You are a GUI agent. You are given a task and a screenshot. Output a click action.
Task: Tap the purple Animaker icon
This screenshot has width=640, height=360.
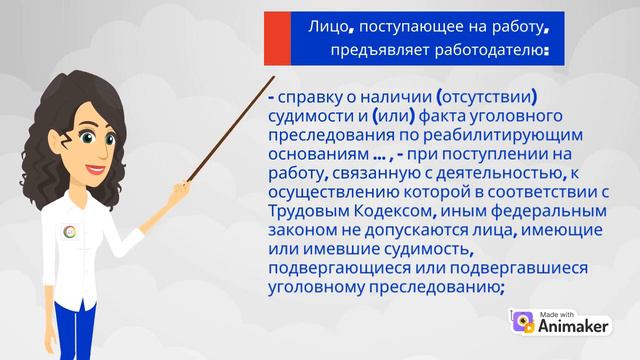[523, 323]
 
